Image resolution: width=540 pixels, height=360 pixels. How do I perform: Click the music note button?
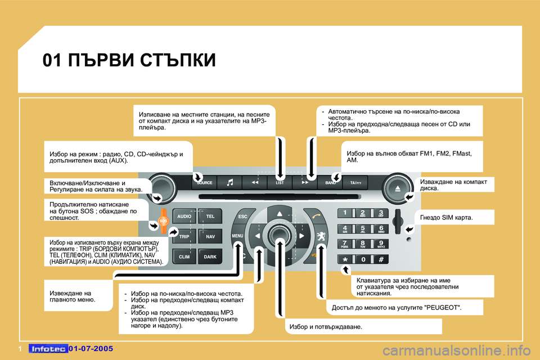tap(230, 183)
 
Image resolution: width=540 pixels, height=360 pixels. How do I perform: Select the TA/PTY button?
tap(355, 183)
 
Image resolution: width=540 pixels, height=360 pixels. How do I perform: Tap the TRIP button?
tap(184, 237)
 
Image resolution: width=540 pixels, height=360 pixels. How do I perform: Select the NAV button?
tap(210, 237)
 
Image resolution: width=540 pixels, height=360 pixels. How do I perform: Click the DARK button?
tap(210, 256)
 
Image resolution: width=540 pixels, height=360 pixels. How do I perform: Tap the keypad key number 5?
tap(363, 229)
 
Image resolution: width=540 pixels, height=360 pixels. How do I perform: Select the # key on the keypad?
tap(381, 259)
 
